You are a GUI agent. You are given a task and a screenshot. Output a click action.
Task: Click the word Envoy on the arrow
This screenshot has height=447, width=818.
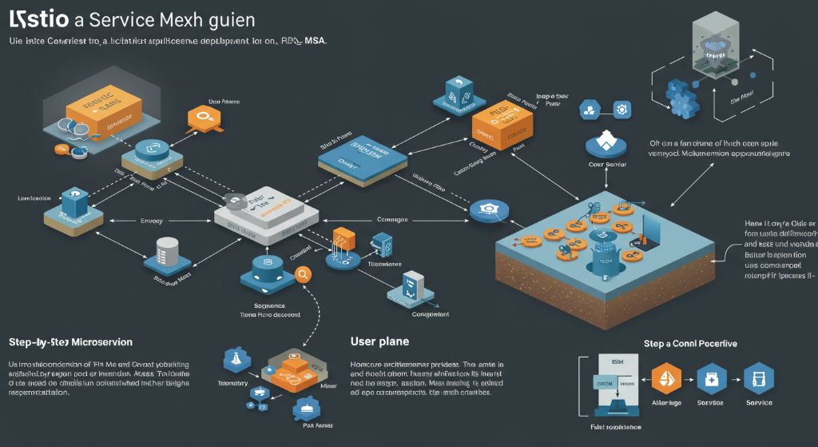point(151,220)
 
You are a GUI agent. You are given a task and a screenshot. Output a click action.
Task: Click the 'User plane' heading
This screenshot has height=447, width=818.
point(379,341)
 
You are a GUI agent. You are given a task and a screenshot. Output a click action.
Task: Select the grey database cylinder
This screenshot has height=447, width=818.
point(166,249)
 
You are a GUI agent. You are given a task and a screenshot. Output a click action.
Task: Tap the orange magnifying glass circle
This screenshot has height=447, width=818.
point(303,274)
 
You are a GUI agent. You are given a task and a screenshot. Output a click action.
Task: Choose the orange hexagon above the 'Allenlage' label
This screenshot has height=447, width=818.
point(666,378)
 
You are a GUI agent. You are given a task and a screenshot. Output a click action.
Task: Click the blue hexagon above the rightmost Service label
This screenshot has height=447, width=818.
point(758,378)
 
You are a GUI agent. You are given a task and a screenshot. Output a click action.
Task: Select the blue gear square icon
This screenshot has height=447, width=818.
point(621,110)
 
